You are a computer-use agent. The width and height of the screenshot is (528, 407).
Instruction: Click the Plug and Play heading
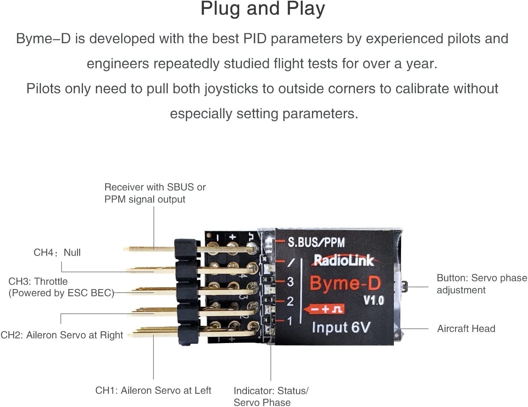click(263, 9)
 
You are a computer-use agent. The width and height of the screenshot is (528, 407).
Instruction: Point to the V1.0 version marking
click(373, 301)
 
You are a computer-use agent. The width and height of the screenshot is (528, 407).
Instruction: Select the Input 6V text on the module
click(341, 327)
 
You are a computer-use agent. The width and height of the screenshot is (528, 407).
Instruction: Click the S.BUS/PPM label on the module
click(316, 242)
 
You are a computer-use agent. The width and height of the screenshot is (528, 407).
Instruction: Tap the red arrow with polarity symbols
click(324, 309)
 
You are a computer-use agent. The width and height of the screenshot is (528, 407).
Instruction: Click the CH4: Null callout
click(57, 253)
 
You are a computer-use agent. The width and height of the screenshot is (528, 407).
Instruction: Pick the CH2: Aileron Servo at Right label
click(62, 335)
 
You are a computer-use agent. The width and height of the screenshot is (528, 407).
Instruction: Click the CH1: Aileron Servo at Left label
click(153, 390)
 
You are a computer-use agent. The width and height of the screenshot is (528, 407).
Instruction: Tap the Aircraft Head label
click(466, 329)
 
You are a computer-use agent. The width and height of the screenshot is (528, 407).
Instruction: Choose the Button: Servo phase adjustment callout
click(481, 284)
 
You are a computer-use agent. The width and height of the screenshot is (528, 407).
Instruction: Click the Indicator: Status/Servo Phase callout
click(270, 396)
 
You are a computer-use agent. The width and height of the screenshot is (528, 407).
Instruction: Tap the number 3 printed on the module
click(290, 282)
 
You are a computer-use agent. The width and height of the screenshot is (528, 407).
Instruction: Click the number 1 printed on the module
click(290, 321)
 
